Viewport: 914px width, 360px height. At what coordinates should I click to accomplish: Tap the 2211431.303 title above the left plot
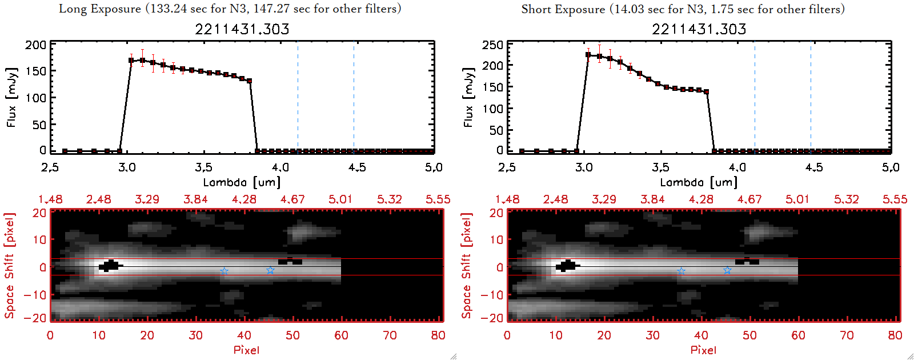[x=242, y=29]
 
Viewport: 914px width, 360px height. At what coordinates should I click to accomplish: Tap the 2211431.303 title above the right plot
[x=699, y=29]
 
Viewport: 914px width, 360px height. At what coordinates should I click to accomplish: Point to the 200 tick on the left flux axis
[x=36, y=45]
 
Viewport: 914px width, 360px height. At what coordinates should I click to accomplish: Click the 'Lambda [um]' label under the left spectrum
[x=242, y=182]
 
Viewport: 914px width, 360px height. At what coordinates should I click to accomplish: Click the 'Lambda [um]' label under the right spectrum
[x=699, y=182]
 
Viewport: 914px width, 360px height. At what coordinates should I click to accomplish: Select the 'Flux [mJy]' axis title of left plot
[x=11, y=97]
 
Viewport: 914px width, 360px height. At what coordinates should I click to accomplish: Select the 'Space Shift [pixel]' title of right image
[x=467, y=266]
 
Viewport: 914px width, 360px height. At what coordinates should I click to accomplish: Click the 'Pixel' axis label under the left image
[x=246, y=350]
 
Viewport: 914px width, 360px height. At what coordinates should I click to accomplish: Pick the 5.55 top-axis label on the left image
[x=438, y=199]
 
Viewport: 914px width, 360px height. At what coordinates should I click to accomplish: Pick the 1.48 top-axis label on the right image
[x=507, y=199]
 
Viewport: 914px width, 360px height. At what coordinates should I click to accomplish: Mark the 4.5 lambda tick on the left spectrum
[x=357, y=167]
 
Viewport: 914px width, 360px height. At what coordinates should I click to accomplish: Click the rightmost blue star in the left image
[x=270, y=270]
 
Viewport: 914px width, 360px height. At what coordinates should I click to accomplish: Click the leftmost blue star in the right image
[x=681, y=271]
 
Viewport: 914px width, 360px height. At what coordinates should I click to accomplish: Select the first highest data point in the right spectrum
[x=588, y=55]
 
